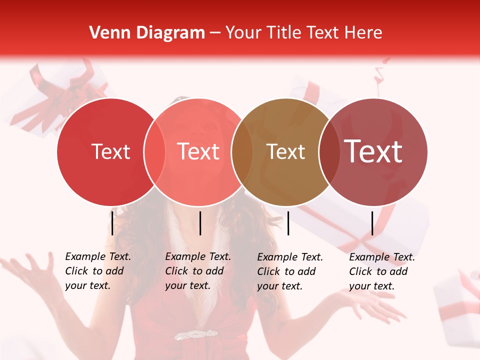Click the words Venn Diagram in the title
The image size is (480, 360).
(147, 33)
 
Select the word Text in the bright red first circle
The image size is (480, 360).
(110, 151)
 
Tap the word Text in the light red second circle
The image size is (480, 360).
(198, 151)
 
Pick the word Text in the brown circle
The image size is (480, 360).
(285, 151)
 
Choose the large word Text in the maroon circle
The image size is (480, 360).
(373, 151)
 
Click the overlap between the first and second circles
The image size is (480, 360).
(154, 152)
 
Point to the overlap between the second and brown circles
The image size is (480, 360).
(242, 152)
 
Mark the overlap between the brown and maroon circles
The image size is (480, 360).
(329, 152)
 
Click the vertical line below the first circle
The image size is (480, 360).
(112, 223)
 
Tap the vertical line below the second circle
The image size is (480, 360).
(200, 223)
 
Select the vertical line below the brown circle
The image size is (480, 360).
(288, 223)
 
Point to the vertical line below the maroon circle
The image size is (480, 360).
(372, 223)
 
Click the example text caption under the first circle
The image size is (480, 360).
(97, 271)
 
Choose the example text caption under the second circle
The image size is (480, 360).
(197, 271)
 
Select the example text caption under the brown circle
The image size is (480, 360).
(289, 271)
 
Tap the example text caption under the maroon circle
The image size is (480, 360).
(381, 271)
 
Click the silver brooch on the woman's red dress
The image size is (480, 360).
(196, 334)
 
